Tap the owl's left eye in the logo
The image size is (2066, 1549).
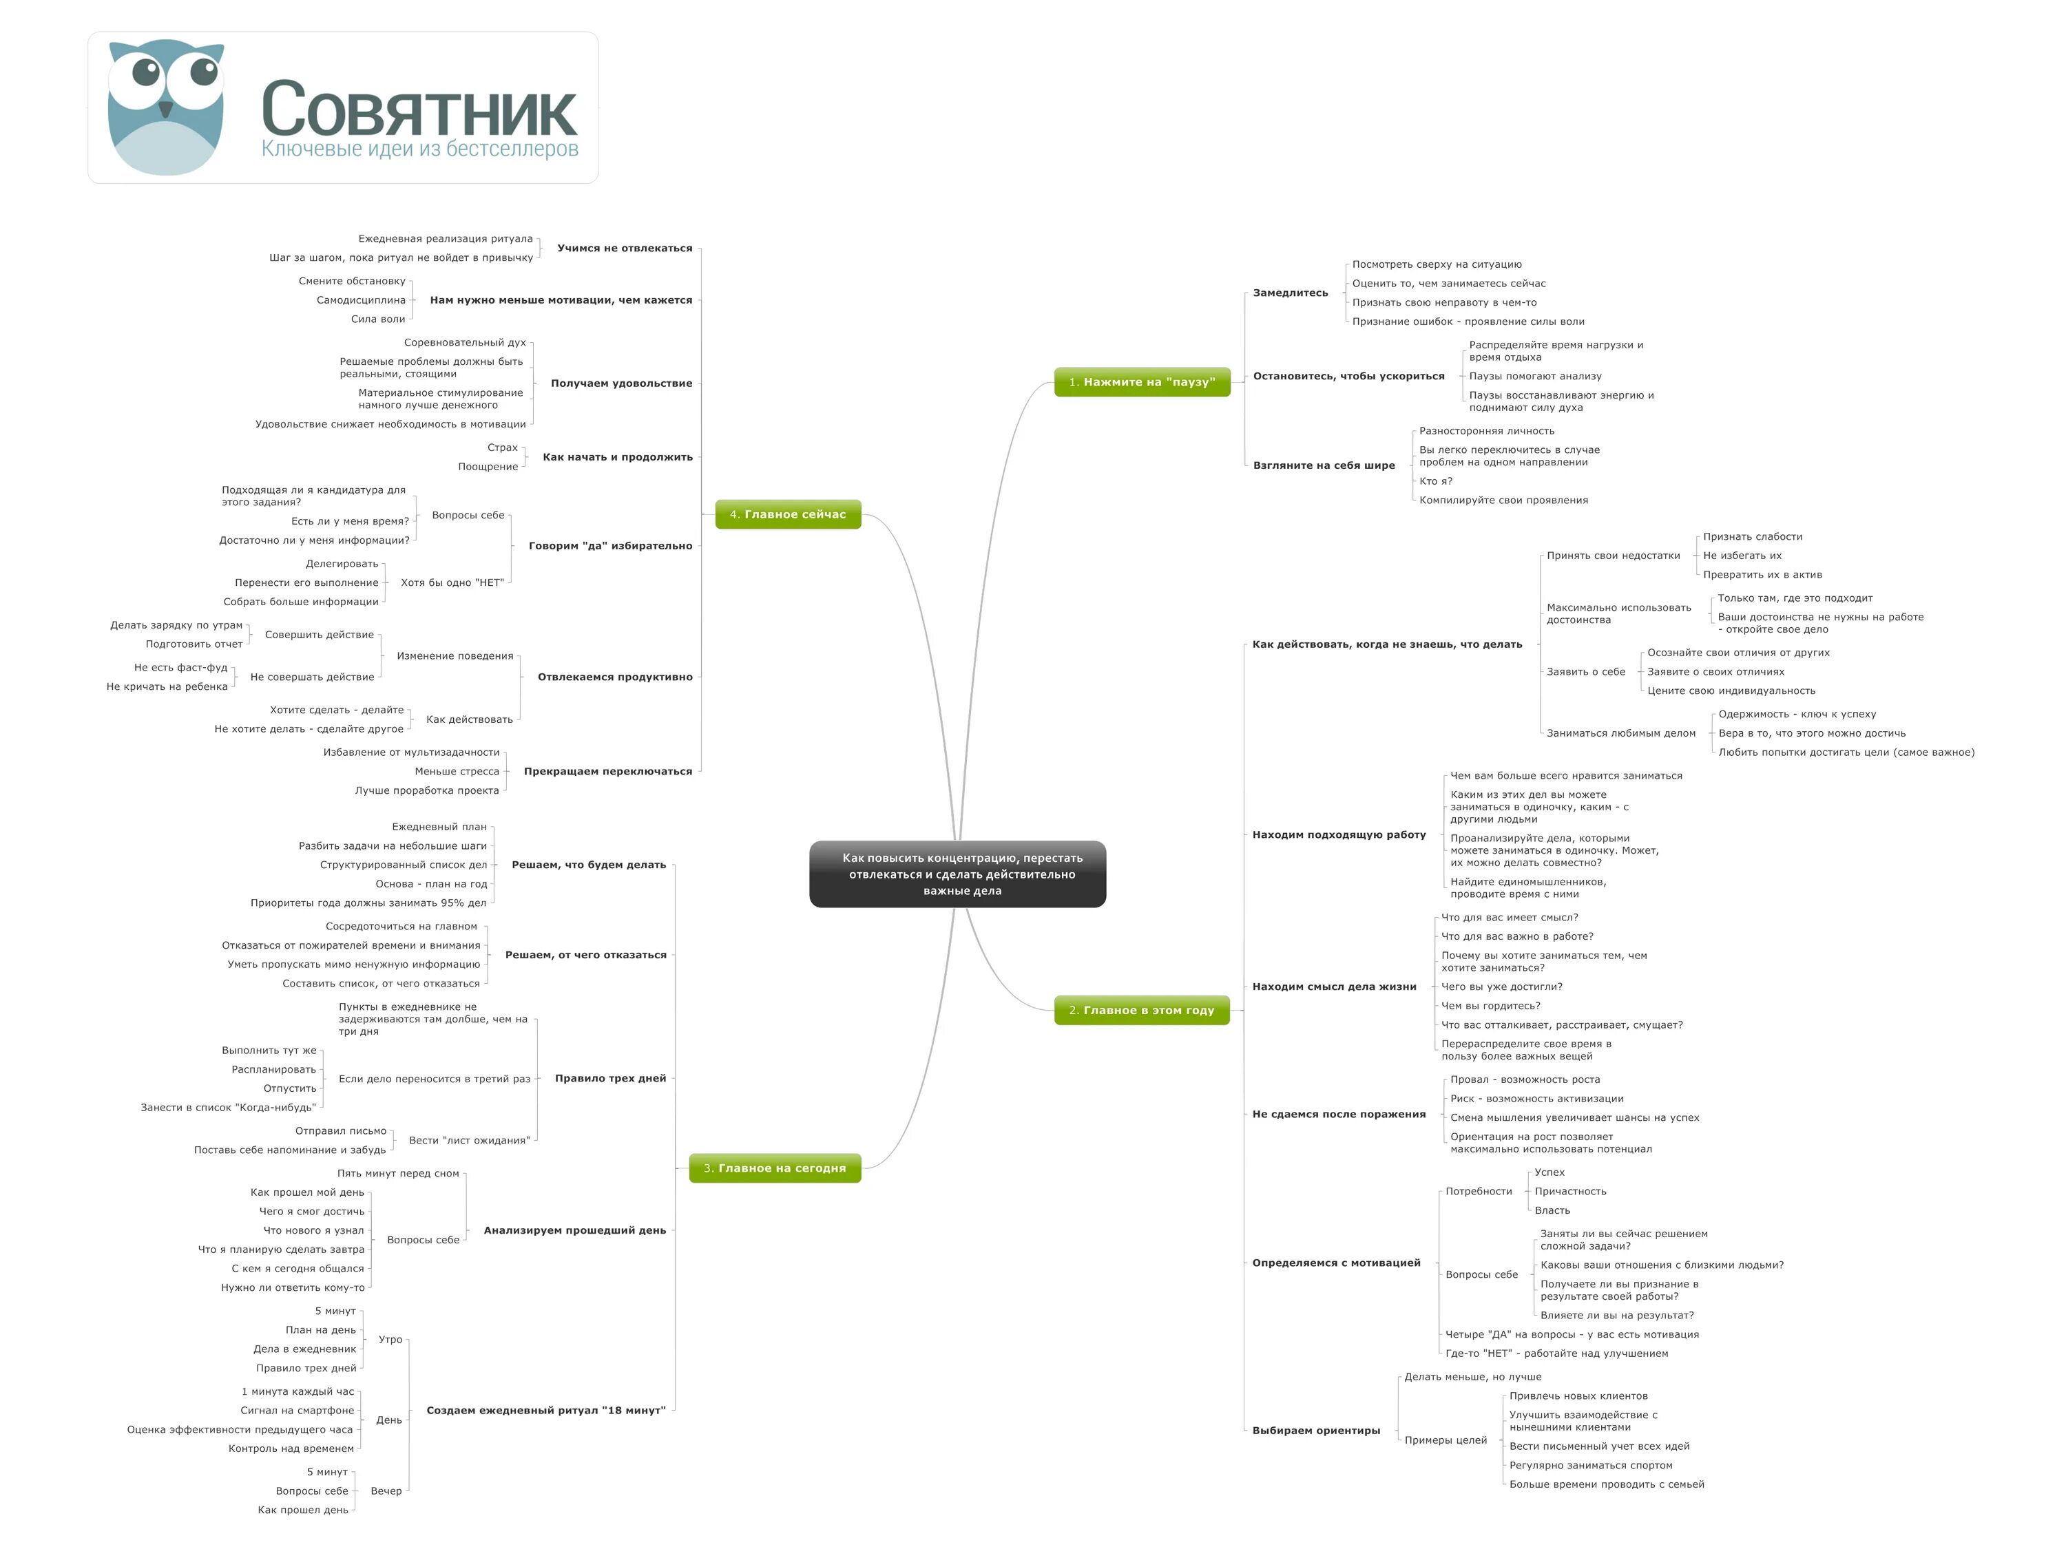[146, 71]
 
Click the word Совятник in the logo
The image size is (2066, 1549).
[419, 109]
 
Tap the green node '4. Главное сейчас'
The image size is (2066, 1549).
[787, 514]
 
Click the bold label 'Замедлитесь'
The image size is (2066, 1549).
[1290, 293]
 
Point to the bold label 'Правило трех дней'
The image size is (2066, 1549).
[610, 1078]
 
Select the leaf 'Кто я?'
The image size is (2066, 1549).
[1436, 482]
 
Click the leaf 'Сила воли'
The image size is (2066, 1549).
[377, 319]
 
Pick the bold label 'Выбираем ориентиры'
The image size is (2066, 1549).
[1315, 1431]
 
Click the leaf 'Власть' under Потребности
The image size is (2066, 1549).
[1552, 1211]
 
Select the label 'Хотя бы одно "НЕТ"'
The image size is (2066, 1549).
[452, 582]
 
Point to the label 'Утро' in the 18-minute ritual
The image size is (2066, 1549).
[390, 1340]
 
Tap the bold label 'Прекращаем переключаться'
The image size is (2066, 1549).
[608, 771]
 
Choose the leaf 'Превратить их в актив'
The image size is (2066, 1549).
[1762, 575]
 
